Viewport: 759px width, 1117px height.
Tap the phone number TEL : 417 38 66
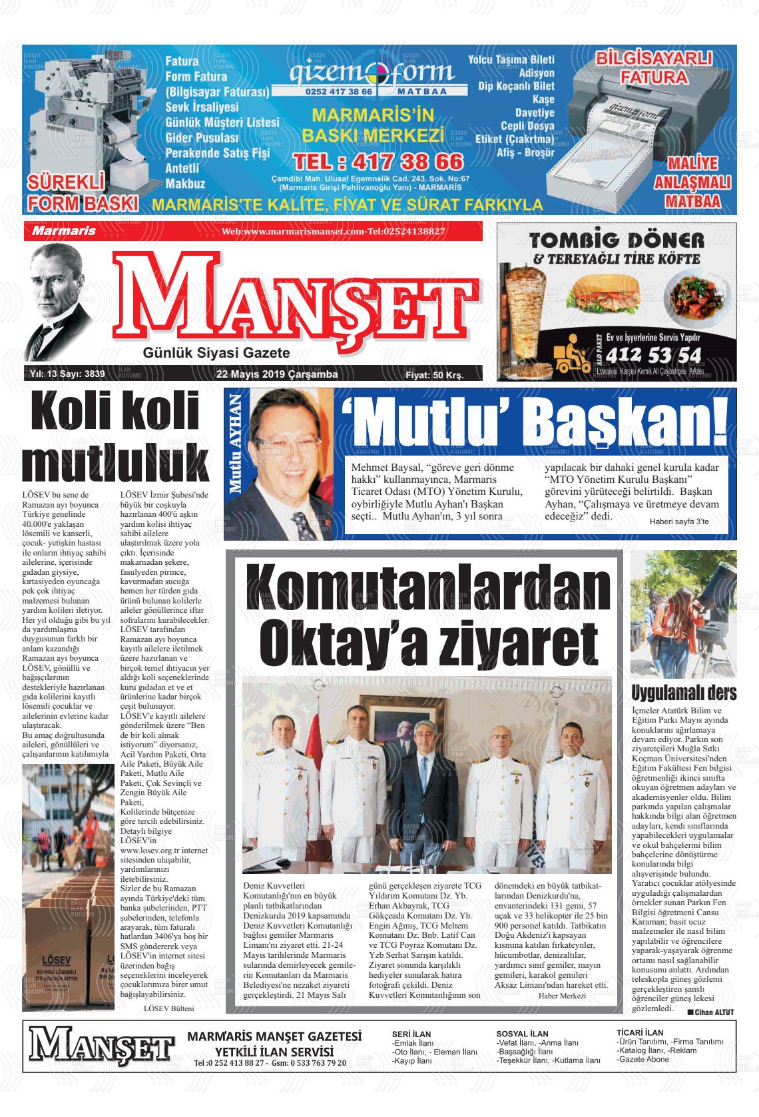(x=378, y=161)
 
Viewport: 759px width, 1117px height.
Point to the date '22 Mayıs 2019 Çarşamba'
(x=277, y=374)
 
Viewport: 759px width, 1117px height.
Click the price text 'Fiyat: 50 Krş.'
(x=434, y=376)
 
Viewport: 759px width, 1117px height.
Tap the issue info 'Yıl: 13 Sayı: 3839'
(x=68, y=374)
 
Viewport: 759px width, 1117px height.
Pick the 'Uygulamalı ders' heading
(x=683, y=693)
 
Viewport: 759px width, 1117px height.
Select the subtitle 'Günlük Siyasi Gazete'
(x=216, y=353)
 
